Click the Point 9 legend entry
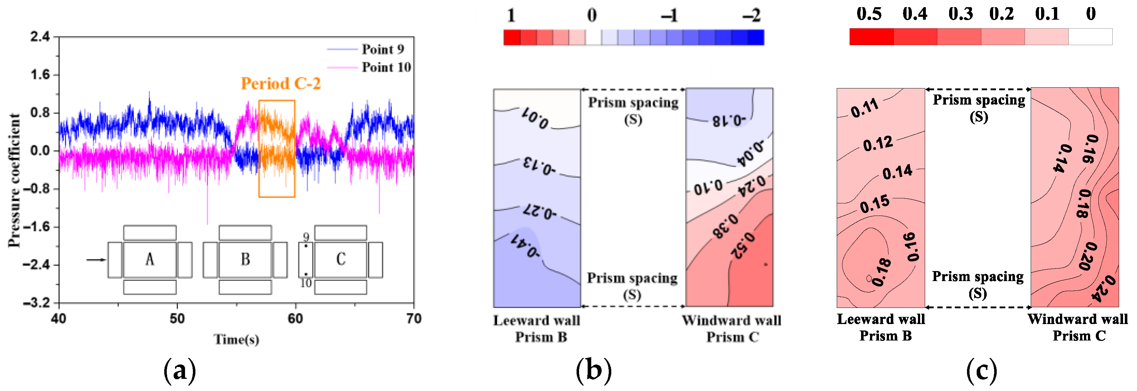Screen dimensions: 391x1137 coord(382,49)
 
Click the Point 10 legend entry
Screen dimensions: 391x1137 coord(386,67)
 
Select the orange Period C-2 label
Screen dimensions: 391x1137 coord(280,83)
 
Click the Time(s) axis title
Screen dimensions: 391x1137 coord(236,339)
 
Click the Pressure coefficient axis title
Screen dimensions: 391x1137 coord(14,180)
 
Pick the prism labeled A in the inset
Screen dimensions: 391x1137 coord(150,259)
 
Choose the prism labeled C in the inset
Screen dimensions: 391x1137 coord(340,259)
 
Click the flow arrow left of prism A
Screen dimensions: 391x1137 coord(96,260)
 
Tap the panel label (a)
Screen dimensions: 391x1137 coord(179,370)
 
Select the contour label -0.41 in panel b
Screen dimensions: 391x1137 coord(525,246)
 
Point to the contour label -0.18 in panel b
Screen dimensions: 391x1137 coord(729,120)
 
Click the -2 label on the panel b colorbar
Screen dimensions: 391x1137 coord(751,16)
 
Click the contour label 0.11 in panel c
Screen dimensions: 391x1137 coord(865,108)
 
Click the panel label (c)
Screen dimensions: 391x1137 coord(981,370)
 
